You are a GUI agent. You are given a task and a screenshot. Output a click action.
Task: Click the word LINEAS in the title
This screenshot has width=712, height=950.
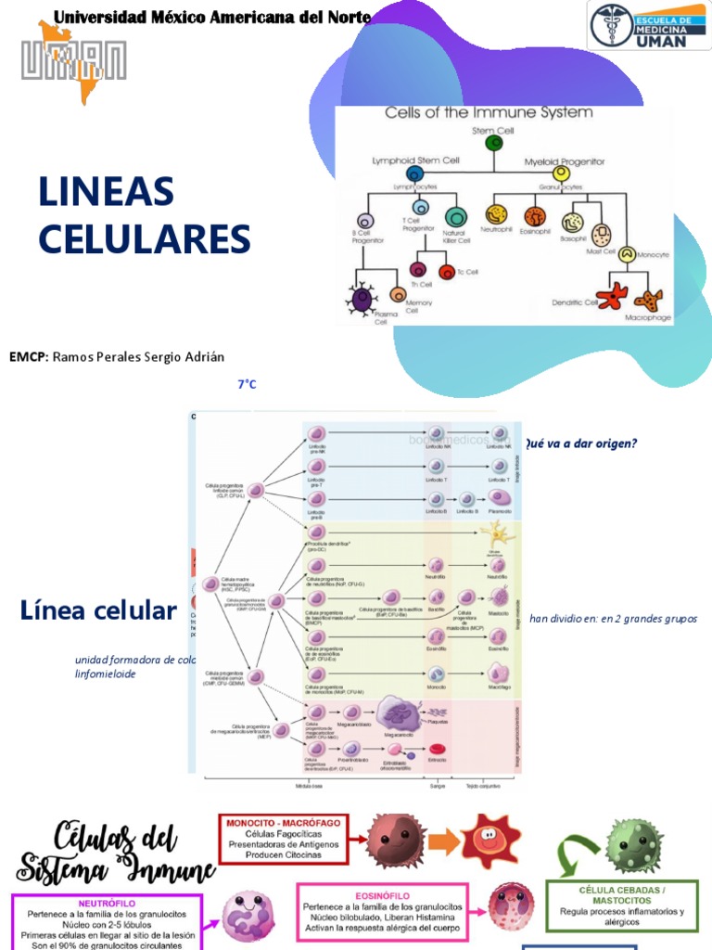pyautogui.click(x=107, y=192)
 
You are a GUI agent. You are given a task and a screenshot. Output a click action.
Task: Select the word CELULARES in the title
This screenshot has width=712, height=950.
pyautogui.click(x=145, y=239)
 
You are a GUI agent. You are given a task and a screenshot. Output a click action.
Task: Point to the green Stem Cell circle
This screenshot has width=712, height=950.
pyautogui.click(x=494, y=144)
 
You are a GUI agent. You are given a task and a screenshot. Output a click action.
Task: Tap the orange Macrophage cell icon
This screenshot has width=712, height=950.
pyautogui.click(x=647, y=299)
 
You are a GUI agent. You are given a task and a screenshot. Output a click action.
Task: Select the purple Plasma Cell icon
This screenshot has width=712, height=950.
pyautogui.click(x=362, y=298)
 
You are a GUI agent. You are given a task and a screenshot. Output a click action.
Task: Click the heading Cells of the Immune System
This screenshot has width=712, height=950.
pyautogui.click(x=489, y=113)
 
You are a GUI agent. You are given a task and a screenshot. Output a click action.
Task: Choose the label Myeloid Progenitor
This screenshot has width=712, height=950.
pyautogui.click(x=564, y=160)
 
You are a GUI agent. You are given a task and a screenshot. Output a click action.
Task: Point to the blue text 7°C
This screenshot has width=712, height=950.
pyautogui.click(x=247, y=383)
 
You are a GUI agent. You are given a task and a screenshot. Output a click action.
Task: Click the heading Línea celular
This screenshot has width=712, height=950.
pyautogui.click(x=97, y=610)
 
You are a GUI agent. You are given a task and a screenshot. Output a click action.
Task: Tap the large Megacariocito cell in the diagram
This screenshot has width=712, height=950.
pyautogui.click(x=398, y=715)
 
